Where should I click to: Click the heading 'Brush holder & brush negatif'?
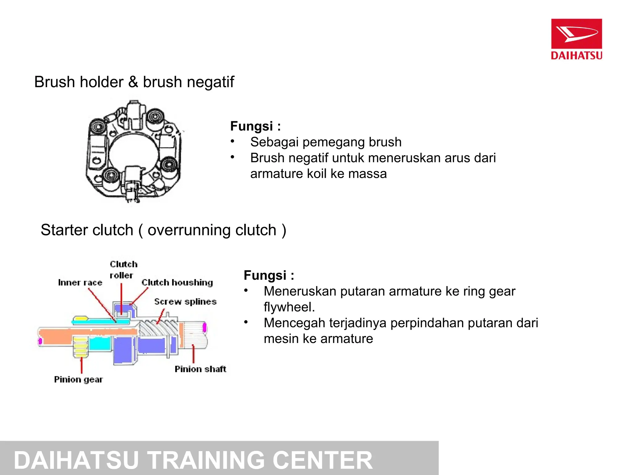tap(134, 82)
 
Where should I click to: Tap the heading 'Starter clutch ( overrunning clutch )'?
tap(163, 230)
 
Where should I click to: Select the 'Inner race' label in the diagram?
tap(80, 283)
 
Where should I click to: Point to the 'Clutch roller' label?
tap(123, 270)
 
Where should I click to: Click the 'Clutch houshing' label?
tap(177, 282)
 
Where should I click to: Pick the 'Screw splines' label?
tap(185, 302)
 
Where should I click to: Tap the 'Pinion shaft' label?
tap(200, 369)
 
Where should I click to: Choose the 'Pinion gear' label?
tap(78, 379)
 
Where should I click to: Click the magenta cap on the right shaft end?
tap(204, 328)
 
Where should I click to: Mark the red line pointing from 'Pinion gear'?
tap(82, 366)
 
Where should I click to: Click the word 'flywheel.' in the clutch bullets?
tap(289, 307)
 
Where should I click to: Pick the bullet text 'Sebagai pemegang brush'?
tap(326, 142)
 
